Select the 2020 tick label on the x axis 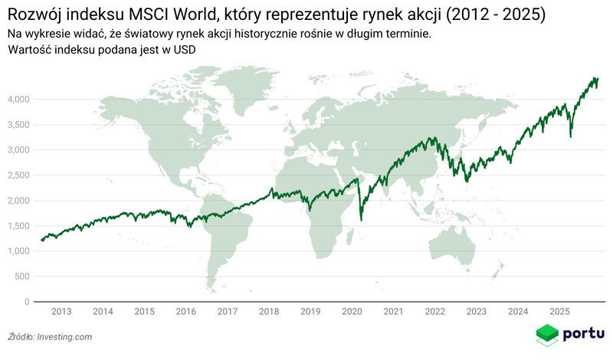tap(352, 312)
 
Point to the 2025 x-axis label tap(559, 312)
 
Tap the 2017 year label tap(227, 312)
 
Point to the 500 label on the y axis tap(22, 277)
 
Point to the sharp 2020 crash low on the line tap(361, 221)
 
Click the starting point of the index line tap(41, 241)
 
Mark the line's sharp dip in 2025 tap(570, 137)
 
